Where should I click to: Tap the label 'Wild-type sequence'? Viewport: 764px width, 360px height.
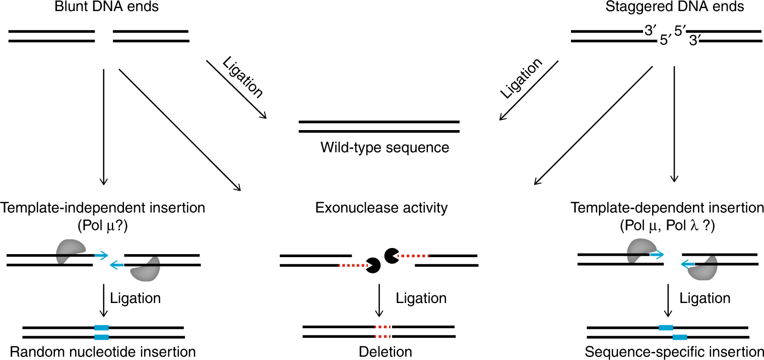point(384,148)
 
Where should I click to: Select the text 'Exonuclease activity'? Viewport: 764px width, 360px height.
point(381,208)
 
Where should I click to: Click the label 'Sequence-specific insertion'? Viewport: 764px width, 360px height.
point(674,351)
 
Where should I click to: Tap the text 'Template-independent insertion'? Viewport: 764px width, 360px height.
point(103,208)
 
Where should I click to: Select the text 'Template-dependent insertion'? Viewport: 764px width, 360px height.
point(667,208)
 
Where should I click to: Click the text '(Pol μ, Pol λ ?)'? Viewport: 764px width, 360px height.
point(668,225)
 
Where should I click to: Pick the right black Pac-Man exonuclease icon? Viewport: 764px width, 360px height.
point(392,256)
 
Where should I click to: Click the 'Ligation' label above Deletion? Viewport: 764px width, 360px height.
point(421,298)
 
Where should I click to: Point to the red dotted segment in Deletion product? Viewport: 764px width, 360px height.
point(383,332)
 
